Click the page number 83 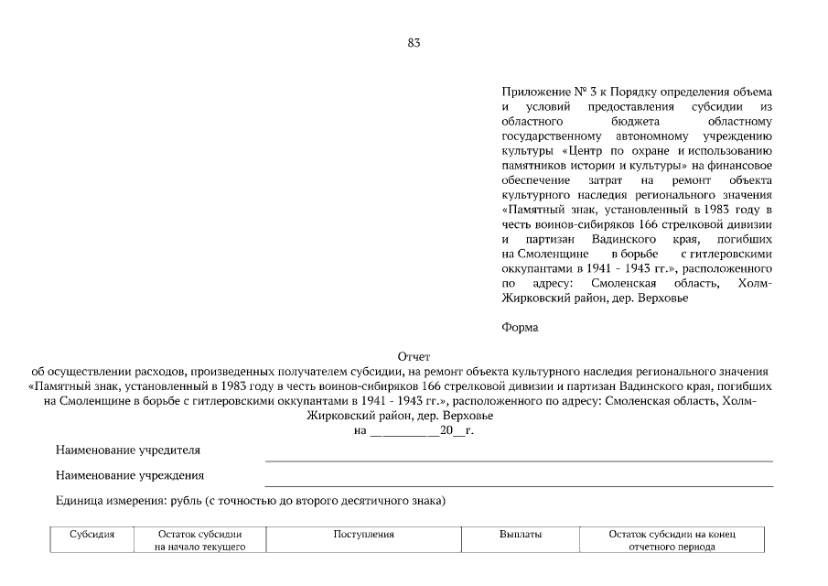pos(414,43)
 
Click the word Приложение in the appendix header pos(534,92)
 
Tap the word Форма pos(521,327)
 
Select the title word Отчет pos(414,356)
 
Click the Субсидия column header pos(91,534)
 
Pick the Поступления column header pos(363,534)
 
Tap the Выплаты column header pos(521,534)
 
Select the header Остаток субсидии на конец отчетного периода pos(672,540)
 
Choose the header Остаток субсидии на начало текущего pos(199,540)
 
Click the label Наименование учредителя pos(127,450)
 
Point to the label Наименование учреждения pos(129,475)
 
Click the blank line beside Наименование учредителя pos(518,459)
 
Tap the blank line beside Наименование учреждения pos(518,484)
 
